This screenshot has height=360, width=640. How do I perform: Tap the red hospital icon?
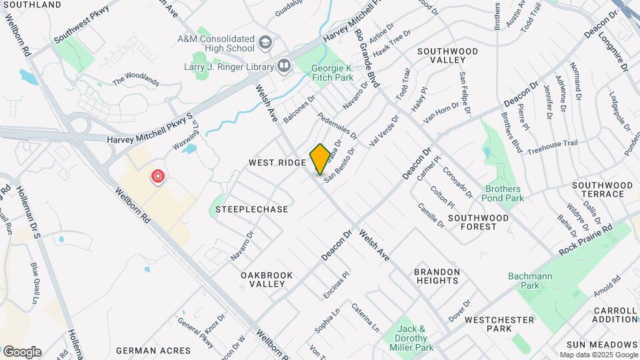point(158,177)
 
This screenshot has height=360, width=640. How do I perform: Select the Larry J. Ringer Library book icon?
point(284,65)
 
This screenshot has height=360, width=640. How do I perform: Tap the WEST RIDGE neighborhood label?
point(277,163)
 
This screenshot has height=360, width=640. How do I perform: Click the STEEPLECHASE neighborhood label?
point(252,209)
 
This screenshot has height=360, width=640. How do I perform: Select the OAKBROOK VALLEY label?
point(263,279)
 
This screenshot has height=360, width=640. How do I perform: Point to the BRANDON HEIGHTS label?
point(437,276)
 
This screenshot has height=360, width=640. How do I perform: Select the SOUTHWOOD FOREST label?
point(478,222)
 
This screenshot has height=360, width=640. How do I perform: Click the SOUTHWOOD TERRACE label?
point(602,189)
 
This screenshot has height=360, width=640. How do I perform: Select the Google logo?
point(22,351)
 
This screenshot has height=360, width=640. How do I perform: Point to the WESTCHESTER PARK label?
point(499,324)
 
